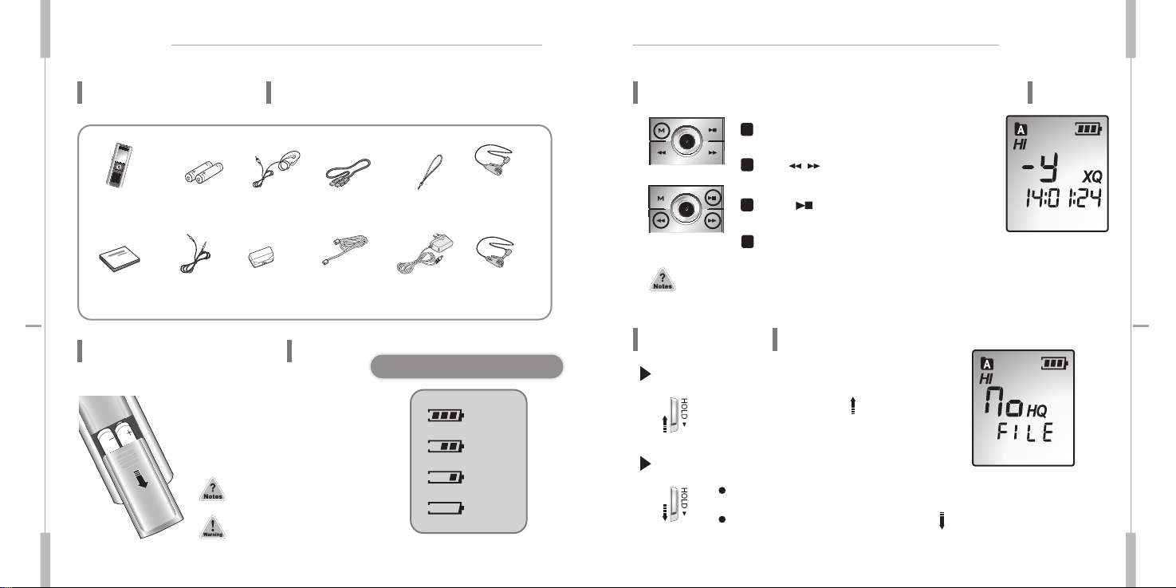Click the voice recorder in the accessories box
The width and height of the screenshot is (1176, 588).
coord(119,164)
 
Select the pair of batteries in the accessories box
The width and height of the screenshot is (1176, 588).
coord(203,172)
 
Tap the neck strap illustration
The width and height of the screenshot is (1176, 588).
coord(431,172)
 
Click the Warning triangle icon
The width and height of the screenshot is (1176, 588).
coord(213,527)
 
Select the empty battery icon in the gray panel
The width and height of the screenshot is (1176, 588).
coord(446,508)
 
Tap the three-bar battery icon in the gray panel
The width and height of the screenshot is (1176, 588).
coord(446,416)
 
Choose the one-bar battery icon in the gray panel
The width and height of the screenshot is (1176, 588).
coord(446,477)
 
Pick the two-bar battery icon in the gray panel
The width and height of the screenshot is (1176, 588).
coord(446,447)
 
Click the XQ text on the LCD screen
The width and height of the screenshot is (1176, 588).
coord(1092,176)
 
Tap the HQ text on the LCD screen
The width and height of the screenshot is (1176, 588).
coord(1036,411)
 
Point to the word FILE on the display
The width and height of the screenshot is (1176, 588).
coord(1025,433)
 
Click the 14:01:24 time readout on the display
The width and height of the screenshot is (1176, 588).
coord(1064,198)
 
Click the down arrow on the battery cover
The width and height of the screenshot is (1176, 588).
coord(142,479)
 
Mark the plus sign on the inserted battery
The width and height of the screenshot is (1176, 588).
coord(128,433)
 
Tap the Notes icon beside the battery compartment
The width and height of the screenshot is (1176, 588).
coord(213,489)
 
